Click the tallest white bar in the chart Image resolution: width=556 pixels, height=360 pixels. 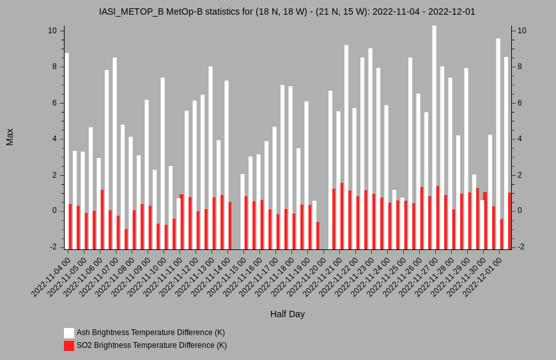(x=434, y=137)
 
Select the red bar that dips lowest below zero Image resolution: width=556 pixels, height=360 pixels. (x=126, y=239)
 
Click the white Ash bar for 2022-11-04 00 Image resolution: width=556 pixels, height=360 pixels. (x=66, y=151)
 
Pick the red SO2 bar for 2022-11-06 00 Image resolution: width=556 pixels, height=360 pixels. (x=102, y=219)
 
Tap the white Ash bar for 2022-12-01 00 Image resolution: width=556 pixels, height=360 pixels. (x=498, y=144)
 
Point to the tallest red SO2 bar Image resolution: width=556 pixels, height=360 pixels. (x=342, y=216)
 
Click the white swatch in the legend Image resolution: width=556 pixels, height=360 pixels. (x=69, y=333)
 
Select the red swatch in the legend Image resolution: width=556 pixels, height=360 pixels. (x=69, y=346)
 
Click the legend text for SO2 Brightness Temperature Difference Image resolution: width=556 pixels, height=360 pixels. (x=151, y=345)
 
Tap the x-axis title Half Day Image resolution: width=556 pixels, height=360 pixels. (x=287, y=314)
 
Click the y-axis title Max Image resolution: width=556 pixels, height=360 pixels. (x=10, y=137)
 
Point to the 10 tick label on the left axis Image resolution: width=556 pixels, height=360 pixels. (x=52, y=31)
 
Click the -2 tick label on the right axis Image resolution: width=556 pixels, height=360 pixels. (x=522, y=247)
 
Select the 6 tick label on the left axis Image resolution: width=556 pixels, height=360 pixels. (x=54, y=103)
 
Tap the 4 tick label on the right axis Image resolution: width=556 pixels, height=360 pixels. (x=520, y=139)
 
